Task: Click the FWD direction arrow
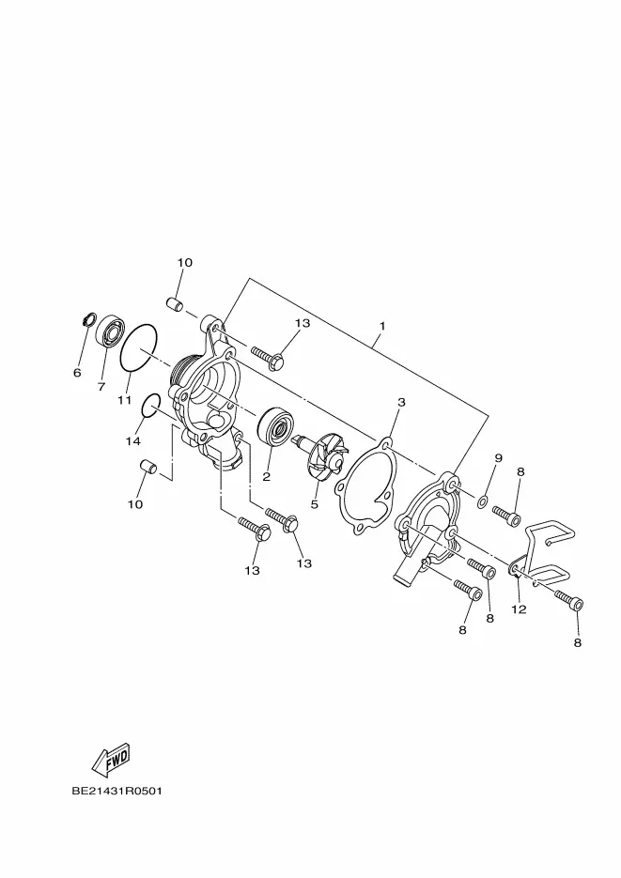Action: coord(111,760)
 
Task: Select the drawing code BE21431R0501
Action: coord(117,792)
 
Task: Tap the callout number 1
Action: coord(382,326)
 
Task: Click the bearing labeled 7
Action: coord(110,331)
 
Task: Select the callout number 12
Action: coord(520,609)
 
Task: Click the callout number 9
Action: coord(498,457)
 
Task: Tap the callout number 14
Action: coord(132,441)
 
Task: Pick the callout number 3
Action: coord(401,402)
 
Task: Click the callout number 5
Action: coord(314,504)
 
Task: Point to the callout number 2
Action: coord(267,477)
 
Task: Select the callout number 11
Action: coord(124,400)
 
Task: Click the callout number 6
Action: coord(77,373)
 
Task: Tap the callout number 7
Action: coord(101,386)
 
